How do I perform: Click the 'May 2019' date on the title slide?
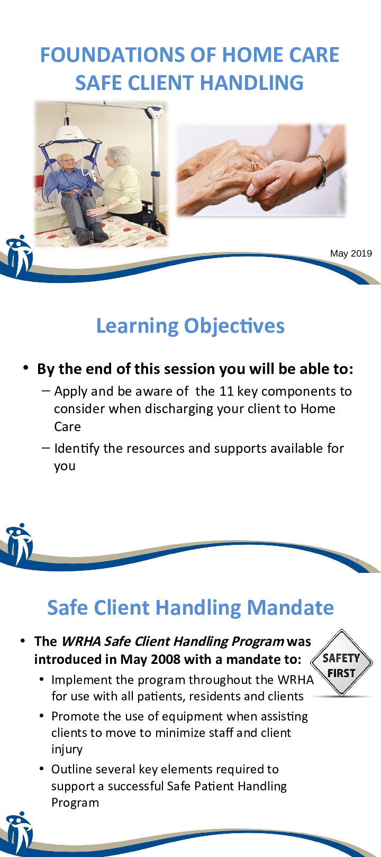pyautogui.click(x=351, y=253)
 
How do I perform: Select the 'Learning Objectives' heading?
pyautogui.click(x=190, y=326)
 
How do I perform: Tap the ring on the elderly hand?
pyautogui.click(x=253, y=165)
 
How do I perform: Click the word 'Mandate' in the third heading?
pyautogui.click(x=291, y=607)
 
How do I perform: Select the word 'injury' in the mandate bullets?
pyautogui.click(x=67, y=750)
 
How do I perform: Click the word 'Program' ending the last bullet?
pyautogui.click(x=75, y=803)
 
